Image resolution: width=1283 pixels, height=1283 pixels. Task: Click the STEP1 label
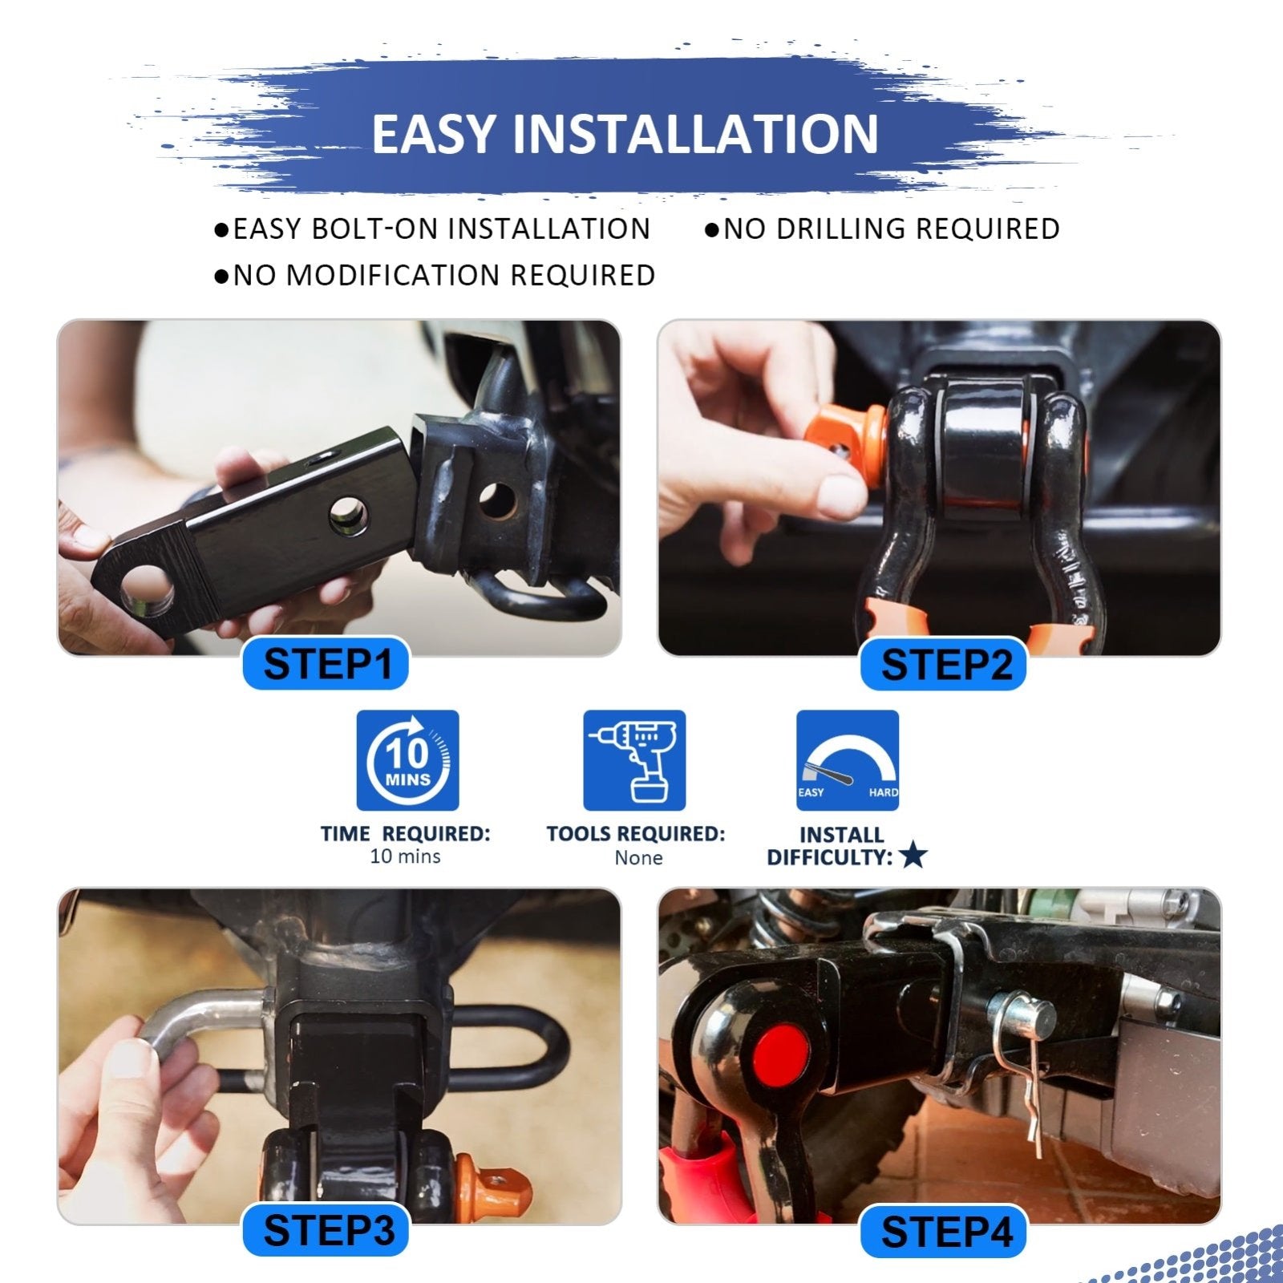pos(327,665)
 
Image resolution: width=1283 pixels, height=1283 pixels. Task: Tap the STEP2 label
pos(945,665)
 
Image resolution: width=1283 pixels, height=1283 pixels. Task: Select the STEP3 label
pos(327,1230)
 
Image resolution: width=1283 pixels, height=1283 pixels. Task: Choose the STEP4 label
pos(945,1232)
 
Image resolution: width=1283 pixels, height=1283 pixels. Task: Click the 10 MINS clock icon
pos(407,760)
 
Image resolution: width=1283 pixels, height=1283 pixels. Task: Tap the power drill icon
pos(634,760)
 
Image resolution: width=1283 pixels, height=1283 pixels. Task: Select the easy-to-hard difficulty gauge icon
pos(848,760)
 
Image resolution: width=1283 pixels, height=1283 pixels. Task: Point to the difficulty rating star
pos(913,856)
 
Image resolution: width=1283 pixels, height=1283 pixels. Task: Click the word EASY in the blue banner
pos(434,134)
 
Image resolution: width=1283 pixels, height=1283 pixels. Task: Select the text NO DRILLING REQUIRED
pos(883,229)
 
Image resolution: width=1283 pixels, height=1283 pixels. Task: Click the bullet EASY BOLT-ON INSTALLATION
pos(433,229)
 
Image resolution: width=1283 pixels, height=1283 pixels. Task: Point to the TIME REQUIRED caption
pos(405,834)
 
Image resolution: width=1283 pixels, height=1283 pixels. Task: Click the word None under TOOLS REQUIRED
pos(638,858)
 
